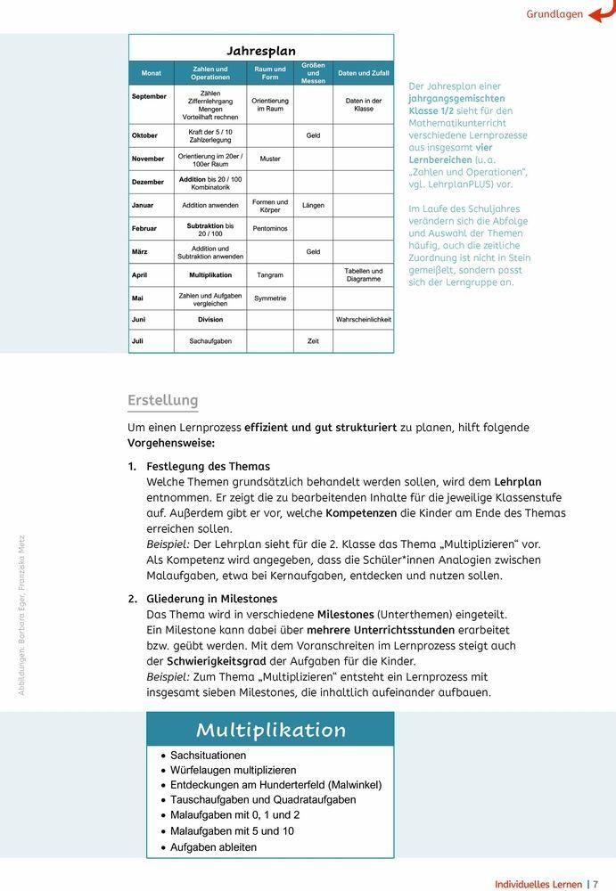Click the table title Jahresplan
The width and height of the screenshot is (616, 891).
click(x=260, y=51)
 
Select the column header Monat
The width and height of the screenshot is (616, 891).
click(x=152, y=73)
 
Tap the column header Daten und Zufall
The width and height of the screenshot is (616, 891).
click(x=364, y=73)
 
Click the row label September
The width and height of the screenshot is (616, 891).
click(x=149, y=96)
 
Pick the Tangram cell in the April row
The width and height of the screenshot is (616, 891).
click(x=269, y=275)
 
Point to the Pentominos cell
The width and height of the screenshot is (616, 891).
click(x=269, y=229)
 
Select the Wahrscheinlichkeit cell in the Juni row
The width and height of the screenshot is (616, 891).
click(x=364, y=319)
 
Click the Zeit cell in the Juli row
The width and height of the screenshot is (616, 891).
click(x=313, y=341)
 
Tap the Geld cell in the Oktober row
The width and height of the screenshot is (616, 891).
click(x=313, y=135)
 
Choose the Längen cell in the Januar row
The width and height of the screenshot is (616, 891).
click(x=313, y=206)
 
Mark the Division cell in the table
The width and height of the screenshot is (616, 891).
click(x=210, y=319)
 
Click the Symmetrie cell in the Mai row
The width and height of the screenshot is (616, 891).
click(x=269, y=298)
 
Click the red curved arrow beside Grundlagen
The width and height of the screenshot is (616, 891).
click(x=601, y=12)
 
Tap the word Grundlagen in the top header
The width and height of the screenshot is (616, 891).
click(x=554, y=14)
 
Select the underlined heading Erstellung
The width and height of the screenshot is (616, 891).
click(x=162, y=400)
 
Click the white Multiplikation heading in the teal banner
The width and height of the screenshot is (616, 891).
click(x=270, y=730)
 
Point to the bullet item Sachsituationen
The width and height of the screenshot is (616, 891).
click(x=208, y=755)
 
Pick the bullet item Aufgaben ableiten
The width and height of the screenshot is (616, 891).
click(x=213, y=847)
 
